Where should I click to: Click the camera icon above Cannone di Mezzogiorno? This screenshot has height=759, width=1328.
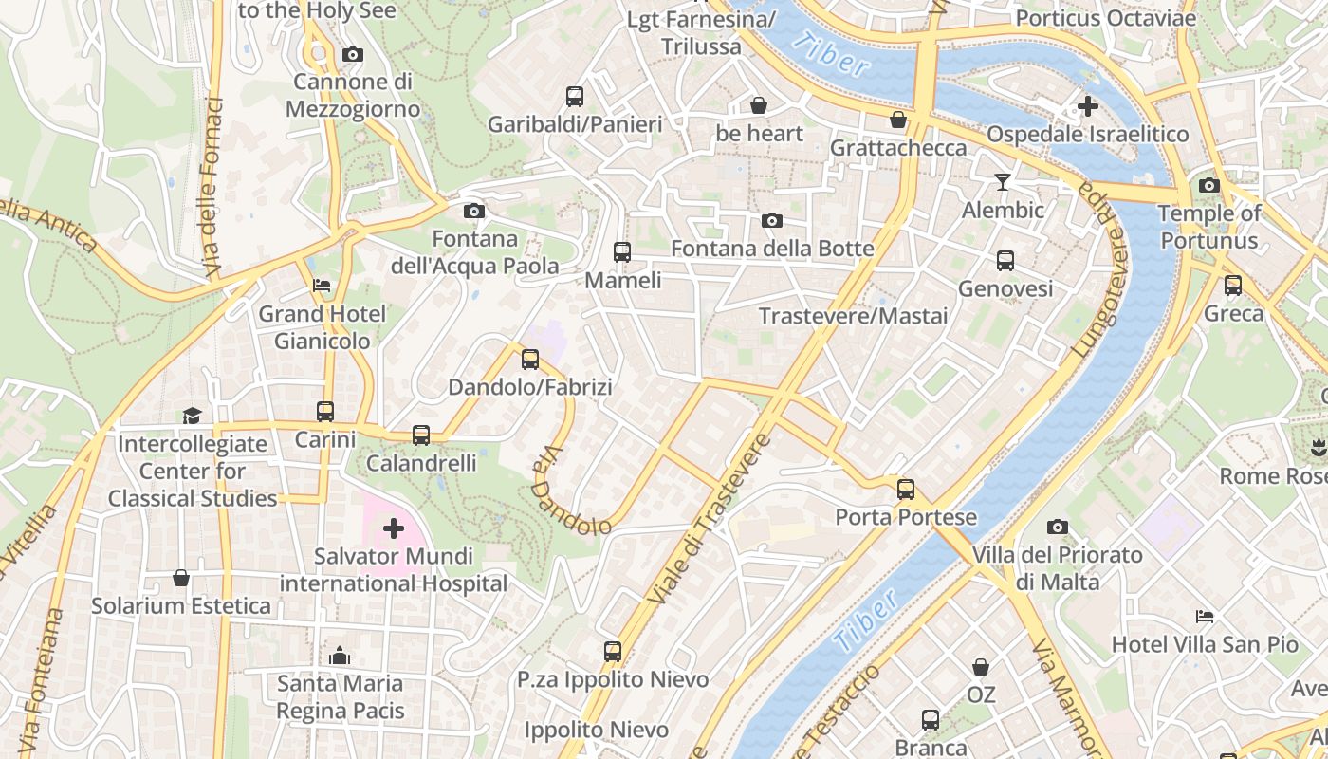click(353, 55)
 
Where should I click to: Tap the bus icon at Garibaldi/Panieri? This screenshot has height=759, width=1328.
click(575, 96)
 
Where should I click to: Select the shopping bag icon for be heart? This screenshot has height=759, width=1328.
click(759, 105)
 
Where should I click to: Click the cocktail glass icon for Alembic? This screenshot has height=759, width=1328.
click(1003, 181)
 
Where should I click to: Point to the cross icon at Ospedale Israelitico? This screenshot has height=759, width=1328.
click(1088, 106)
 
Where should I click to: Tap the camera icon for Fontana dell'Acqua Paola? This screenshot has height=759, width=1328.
click(474, 211)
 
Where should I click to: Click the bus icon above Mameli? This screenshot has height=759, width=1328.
click(622, 252)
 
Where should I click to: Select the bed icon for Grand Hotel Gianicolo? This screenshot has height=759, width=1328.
click(323, 286)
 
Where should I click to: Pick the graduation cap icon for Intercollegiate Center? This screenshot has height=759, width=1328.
click(193, 416)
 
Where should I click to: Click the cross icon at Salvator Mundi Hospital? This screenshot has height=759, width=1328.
click(394, 528)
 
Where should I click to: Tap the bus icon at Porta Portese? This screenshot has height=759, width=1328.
click(906, 490)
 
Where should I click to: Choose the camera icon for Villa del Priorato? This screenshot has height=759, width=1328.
click(1058, 527)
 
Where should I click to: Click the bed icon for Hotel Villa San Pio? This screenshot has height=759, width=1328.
click(1205, 617)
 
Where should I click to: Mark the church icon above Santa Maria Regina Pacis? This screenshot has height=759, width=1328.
click(340, 656)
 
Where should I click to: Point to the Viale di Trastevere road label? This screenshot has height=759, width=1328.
click(710, 520)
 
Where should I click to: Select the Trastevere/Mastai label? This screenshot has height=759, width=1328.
click(854, 316)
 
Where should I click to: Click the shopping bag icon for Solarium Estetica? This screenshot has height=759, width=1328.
click(181, 578)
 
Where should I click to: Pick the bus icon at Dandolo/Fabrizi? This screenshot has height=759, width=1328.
click(530, 360)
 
